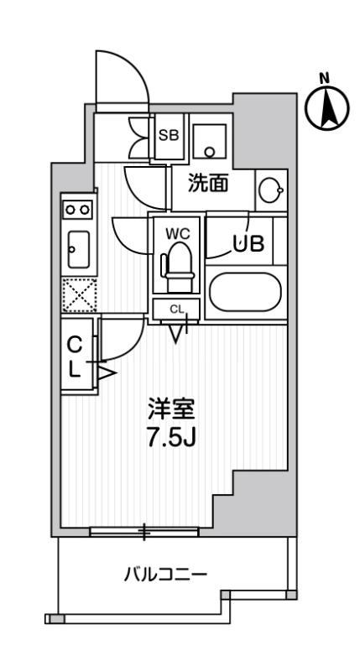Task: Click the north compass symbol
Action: (327, 107)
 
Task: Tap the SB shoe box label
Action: (169, 134)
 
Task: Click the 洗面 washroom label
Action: (207, 184)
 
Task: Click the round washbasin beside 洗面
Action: (270, 190)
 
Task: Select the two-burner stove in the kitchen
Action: (78, 207)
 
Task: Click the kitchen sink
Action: (78, 248)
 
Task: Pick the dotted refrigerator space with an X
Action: (78, 294)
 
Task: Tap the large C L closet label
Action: (75, 356)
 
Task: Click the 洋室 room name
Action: (171, 411)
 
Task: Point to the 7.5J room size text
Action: (171, 439)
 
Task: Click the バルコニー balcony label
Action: (165, 575)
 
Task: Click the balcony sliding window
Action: (144, 531)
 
